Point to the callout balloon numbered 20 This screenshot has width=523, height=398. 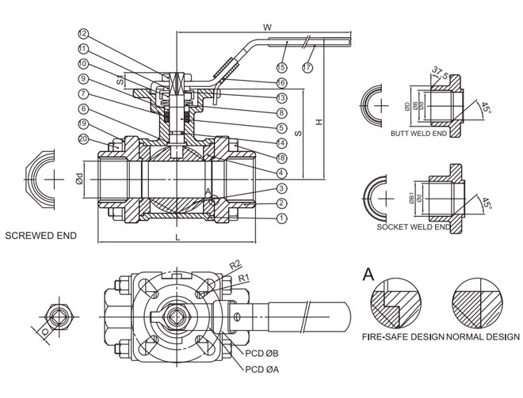click(x=84, y=138)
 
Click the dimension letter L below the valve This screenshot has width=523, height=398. click(x=178, y=237)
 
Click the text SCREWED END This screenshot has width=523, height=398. click(x=41, y=235)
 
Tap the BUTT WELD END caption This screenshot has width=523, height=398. click(x=418, y=134)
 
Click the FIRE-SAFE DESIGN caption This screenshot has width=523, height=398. click(x=403, y=336)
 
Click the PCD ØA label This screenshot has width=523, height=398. click(x=265, y=370)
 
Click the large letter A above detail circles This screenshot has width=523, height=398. click(x=368, y=275)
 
